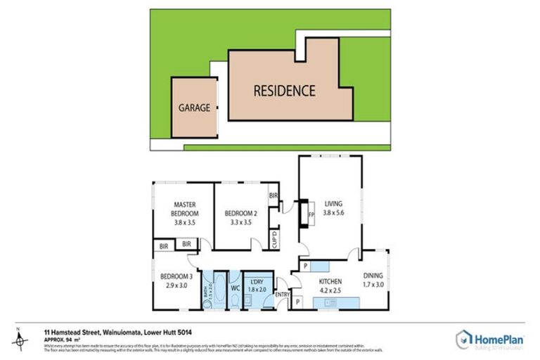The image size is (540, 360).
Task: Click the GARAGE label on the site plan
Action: click(194, 108)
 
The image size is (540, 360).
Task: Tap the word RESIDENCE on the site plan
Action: click(284, 91)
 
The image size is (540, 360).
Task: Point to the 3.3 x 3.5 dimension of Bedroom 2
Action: click(241, 221)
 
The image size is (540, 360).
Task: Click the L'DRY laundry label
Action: click(258, 282)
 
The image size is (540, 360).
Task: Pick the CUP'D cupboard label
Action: click(274, 239)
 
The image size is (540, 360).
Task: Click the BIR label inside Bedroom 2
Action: click(274, 195)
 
